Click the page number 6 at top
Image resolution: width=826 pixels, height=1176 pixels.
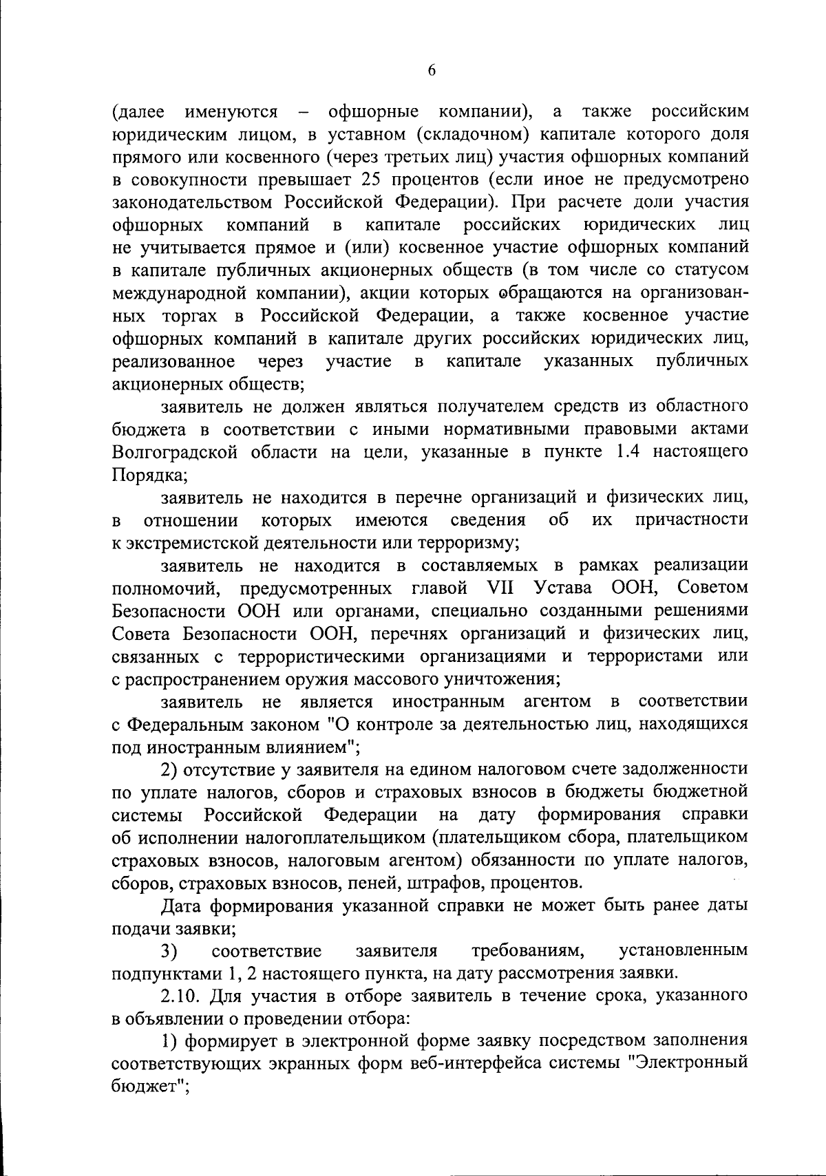tap(432, 70)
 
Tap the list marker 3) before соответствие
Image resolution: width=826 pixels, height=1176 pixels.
tap(170, 951)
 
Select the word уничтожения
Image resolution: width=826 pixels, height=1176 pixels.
tap(505, 679)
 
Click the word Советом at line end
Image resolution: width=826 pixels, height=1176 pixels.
tap(711, 588)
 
